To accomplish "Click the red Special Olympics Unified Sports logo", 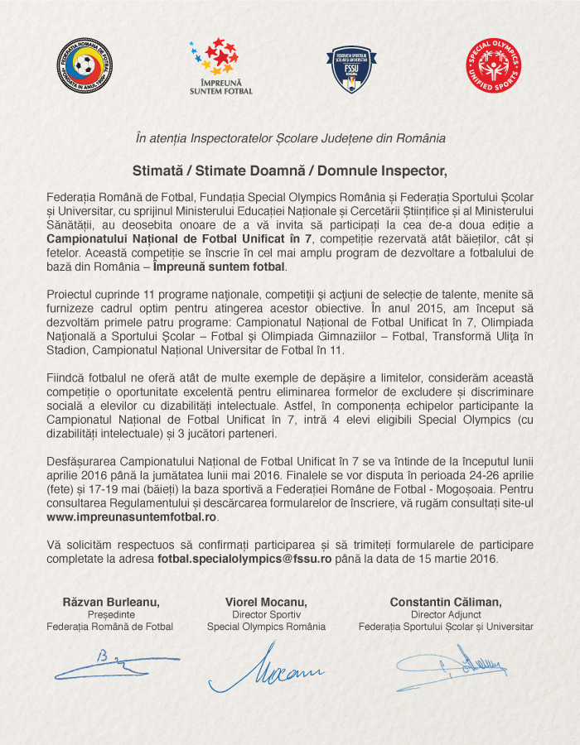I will [x=493, y=65].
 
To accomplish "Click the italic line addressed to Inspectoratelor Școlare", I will [x=290, y=138].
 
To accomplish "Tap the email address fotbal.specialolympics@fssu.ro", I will [x=245, y=559].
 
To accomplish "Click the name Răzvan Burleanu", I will [x=111, y=601].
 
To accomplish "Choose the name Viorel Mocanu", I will [x=266, y=601].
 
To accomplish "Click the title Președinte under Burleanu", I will [x=110, y=614].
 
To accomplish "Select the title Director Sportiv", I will [x=266, y=614].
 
